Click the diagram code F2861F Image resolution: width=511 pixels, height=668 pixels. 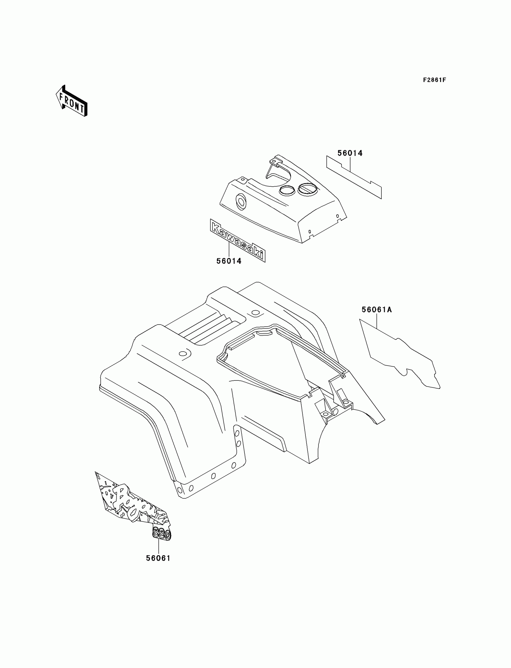click(x=434, y=80)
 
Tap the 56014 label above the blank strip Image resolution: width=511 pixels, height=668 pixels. click(x=350, y=153)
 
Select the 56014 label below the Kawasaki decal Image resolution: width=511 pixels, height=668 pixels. click(x=229, y=261)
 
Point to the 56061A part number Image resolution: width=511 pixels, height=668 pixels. click(x=377, y=310)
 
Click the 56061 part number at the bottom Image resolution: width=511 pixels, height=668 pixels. click(x=158, y=558)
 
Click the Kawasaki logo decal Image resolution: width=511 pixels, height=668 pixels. click(x=237, y=240)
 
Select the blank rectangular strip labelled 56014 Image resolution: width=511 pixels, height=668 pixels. click(x=354, y=177)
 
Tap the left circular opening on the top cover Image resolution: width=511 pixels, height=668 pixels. click(x=287, y=191)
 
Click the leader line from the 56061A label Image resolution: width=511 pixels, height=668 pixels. click(x=377, y=321)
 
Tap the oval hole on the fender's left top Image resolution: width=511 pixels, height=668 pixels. click(x=183, y=353)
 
